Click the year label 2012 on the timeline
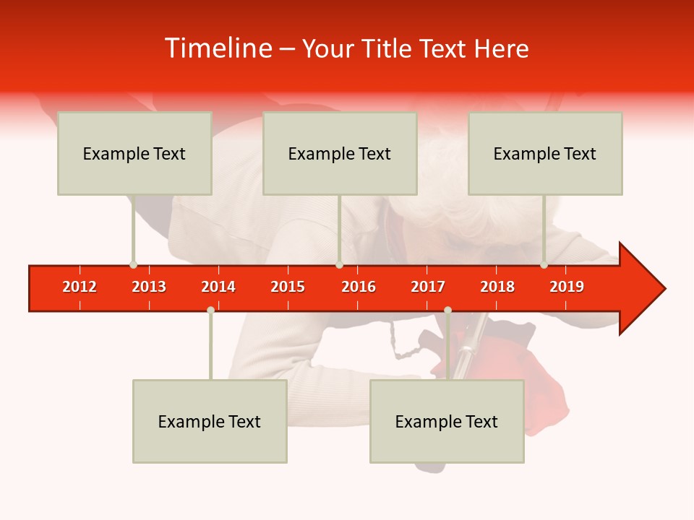click(80, 287)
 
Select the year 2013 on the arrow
click(149, 287)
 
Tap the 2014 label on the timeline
click(218, 287)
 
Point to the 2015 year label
click(288, 287)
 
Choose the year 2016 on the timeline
click(359, 287)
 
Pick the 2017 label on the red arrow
click(428, 287)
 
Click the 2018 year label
click(497, 287)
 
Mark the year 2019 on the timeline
click(567, 287)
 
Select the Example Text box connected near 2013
click(134, 153)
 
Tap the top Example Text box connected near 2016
click(340, 153)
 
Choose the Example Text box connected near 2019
click(545, 153)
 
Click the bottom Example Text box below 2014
click(210, 421)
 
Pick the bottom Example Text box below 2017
click(447, 421)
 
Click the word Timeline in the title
click(217, 48)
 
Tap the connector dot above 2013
click(133, 264)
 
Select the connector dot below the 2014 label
click(210, 310)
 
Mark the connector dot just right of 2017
click(447, 310)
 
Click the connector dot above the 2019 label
click(544, 264)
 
